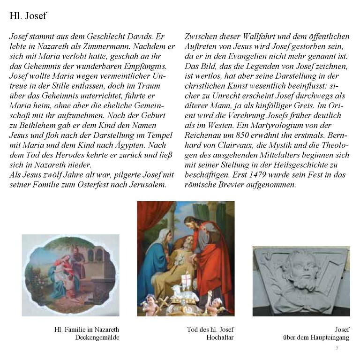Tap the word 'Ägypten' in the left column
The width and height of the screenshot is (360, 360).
pos(121,146)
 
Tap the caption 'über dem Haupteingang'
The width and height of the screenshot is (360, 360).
pos(315,337)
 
